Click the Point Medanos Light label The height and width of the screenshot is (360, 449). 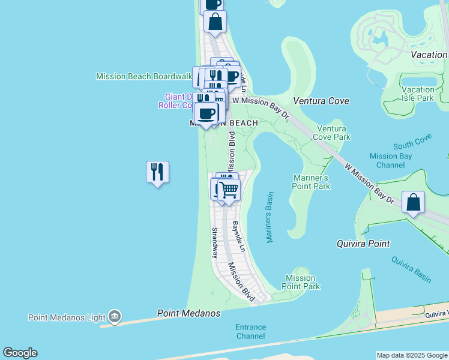66,317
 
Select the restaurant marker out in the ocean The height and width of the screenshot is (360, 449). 157,172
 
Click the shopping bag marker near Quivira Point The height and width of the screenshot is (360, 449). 414,202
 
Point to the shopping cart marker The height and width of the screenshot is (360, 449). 229,190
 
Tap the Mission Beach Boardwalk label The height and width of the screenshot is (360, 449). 143,76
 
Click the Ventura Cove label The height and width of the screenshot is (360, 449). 321,101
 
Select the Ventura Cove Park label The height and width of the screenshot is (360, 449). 331,133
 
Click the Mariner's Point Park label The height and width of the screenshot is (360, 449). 312,182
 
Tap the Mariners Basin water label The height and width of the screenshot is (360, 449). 270,217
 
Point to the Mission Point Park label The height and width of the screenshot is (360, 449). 301,282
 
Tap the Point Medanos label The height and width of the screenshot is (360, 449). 188,313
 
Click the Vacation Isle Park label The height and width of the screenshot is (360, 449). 417,94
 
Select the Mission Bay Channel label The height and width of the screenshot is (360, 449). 391,160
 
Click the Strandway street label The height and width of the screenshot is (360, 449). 214,242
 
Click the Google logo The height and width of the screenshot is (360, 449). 20,353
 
